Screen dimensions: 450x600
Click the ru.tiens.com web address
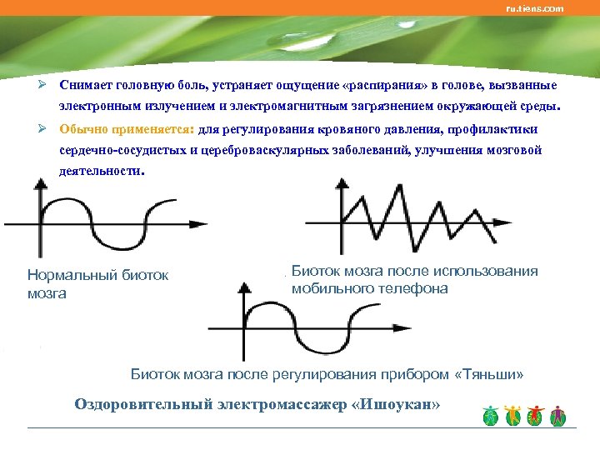534,8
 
